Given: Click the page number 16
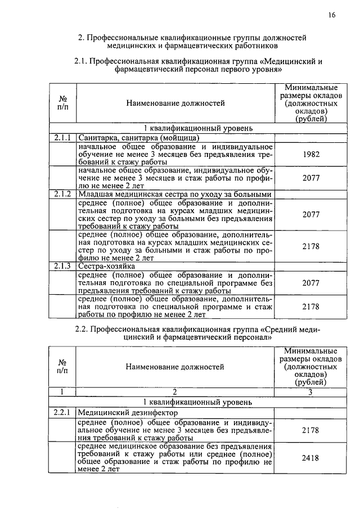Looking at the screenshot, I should click(332, 16).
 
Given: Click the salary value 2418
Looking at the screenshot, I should click(310, 458).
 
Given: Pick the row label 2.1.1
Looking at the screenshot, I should click(62, 137).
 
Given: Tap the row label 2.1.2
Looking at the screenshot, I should click(62, 194).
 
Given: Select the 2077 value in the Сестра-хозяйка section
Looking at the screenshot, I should click(310, 283).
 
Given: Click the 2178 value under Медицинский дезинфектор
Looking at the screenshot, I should click(310, 430).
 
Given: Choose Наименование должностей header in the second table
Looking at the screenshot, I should click(174, 367).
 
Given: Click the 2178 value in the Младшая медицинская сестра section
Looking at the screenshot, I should click(310, 246).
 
